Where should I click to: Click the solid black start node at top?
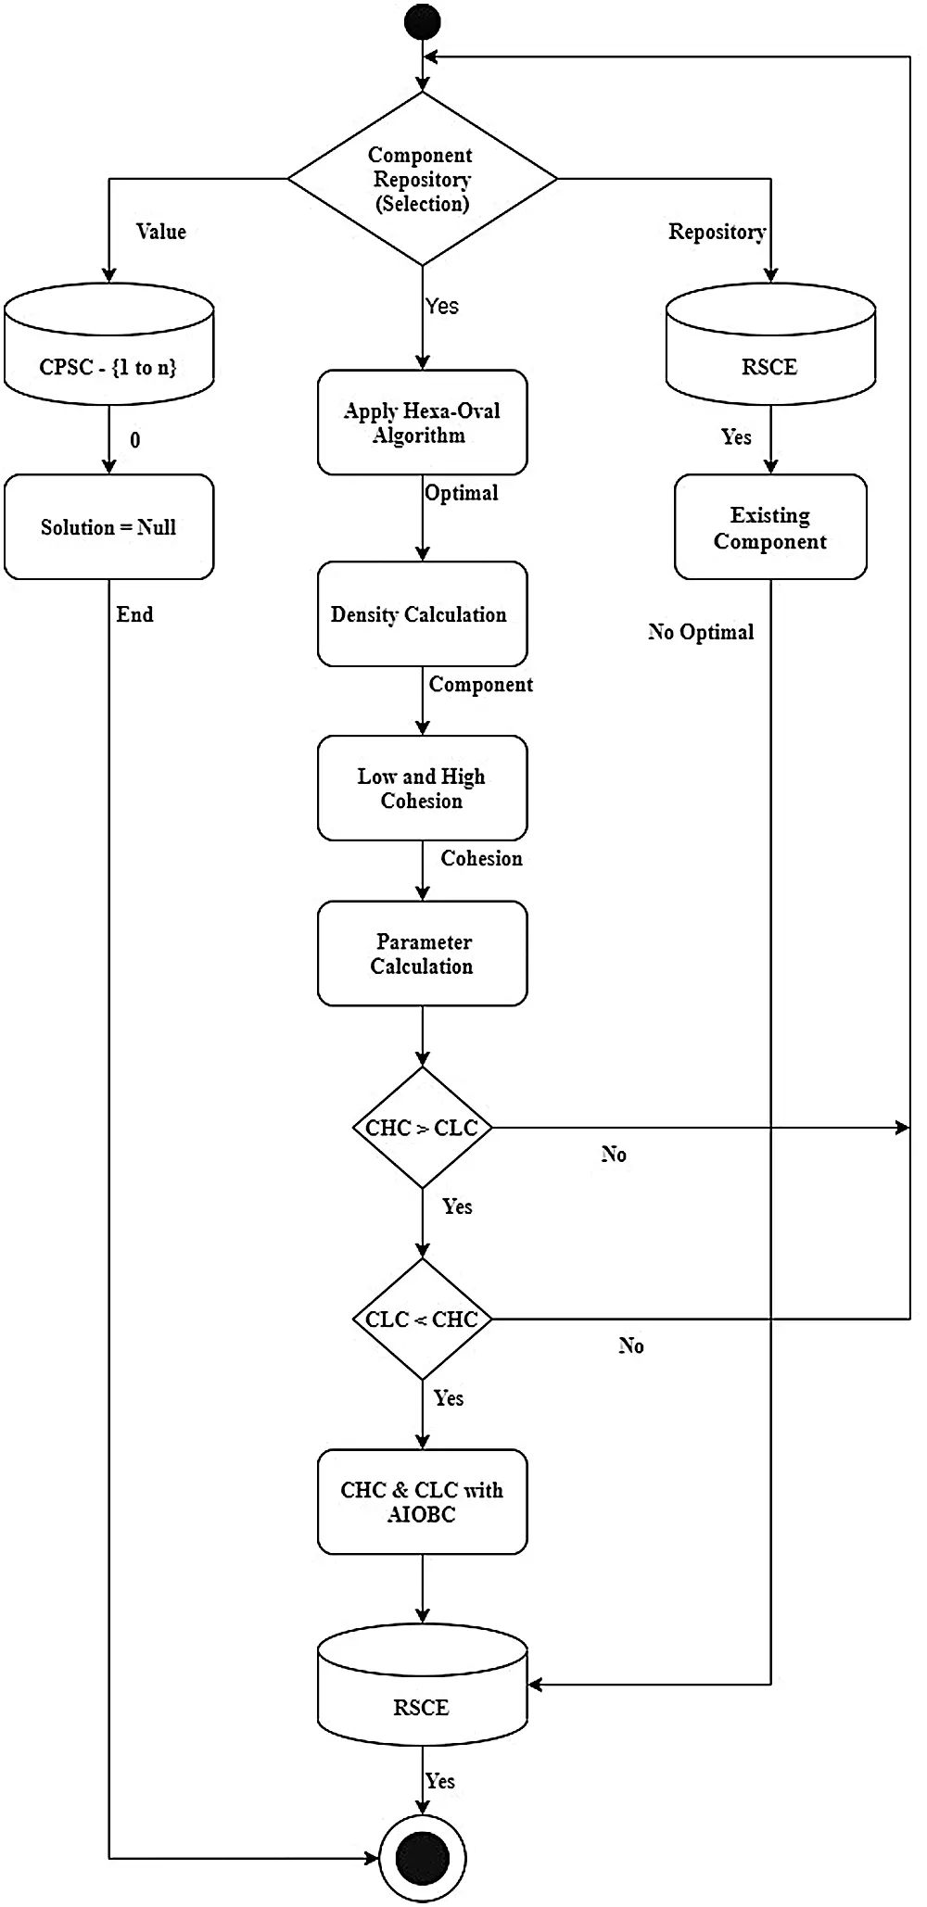click(423, 21)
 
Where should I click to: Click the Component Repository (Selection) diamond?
click(423, 179)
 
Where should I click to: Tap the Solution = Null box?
click(109, 527)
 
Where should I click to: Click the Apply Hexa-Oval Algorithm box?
click(423, 423)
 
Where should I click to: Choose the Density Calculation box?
click(423, 613)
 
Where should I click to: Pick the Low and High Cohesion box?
click(423, 788)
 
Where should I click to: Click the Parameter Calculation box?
click(423, 953)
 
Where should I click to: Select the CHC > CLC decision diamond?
click(423, 1128)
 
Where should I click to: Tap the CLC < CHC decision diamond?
click(423, 1319)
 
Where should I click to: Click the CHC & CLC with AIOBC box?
click(423, 1501)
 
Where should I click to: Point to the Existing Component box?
click(770, 527)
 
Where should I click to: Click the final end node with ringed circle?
click(423, 1857)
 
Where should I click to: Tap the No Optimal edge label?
click(701, 632)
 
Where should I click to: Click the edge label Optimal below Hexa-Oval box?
click(462, 493)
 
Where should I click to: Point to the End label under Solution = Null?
click(135, 614)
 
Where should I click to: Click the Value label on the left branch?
click(161, 232)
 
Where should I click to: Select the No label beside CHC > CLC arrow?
click(614, 1155)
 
